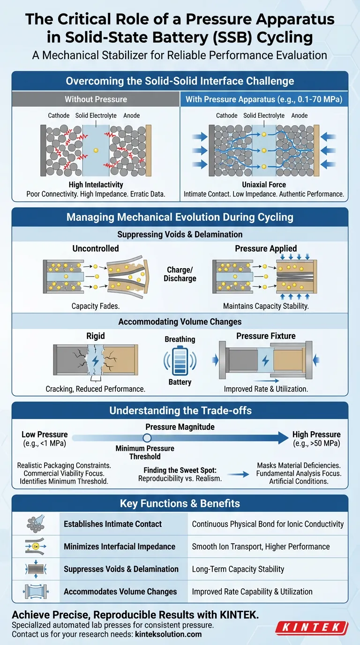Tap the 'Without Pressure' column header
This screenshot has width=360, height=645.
point(96,99)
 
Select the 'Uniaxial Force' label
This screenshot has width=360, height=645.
point(264,185)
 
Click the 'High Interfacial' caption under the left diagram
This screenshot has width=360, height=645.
point(96,185)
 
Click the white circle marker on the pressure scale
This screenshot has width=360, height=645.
point(147,438)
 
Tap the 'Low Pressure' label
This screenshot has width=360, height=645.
point(45,435)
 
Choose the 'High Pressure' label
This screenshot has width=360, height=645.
point(316,435)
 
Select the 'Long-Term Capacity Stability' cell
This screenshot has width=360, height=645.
point(238,569)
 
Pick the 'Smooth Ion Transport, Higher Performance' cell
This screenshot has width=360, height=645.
point(261,547)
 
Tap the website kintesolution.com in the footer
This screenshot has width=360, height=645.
point(168,634)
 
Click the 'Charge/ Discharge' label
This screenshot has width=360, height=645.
point(180,274)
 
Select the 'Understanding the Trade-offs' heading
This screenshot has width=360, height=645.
point(180,411)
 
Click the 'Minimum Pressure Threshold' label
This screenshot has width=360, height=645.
point(145,452)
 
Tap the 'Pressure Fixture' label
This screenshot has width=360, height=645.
point(266,336)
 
